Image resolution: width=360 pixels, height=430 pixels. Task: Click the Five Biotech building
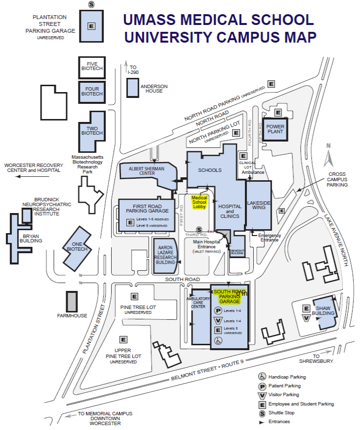click(x=92, y=67)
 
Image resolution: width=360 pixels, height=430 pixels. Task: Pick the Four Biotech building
click(x=92, y=92)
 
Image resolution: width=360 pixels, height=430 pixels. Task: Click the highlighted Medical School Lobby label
click(x=199, y=202)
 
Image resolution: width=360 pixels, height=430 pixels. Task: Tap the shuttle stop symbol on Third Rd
click(x=199, y=230)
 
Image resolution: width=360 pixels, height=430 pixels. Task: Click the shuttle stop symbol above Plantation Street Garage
click(x=91, y=4)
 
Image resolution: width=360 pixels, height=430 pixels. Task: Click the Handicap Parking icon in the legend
click(x=262, y=377)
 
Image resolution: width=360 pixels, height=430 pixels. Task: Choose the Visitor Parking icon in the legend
click(x=262, y=395)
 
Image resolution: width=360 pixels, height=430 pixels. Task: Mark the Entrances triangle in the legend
click(x=262, y=422)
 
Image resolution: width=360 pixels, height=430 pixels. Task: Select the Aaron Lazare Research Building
click(x=165, y=255)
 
